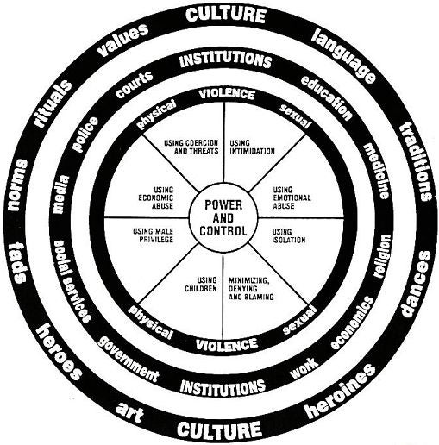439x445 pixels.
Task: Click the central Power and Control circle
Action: [223, 217]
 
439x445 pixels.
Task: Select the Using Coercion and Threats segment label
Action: [191, 147]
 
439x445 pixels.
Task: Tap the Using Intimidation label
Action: [252, 147]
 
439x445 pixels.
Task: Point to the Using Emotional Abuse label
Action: [292, 197]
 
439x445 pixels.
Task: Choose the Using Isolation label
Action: [289, 235]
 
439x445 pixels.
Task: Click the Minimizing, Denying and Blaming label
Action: [251, 288]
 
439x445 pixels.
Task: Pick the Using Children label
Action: [201, 284]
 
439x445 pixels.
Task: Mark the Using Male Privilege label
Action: [153, 235]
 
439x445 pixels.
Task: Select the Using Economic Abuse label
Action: [156, 197]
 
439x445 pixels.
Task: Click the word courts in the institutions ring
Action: [134, 85]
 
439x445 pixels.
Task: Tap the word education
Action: [327, 97]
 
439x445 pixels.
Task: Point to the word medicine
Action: [376, 172]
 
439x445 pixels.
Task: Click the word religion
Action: [382, 256]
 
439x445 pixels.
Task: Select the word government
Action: [129, 357]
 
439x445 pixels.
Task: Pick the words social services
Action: [72, 281]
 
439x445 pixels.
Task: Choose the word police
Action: [85, 134]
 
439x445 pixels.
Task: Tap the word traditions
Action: [417, 161]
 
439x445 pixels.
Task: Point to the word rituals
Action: [53, 104]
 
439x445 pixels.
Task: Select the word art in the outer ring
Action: [130, 413]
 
